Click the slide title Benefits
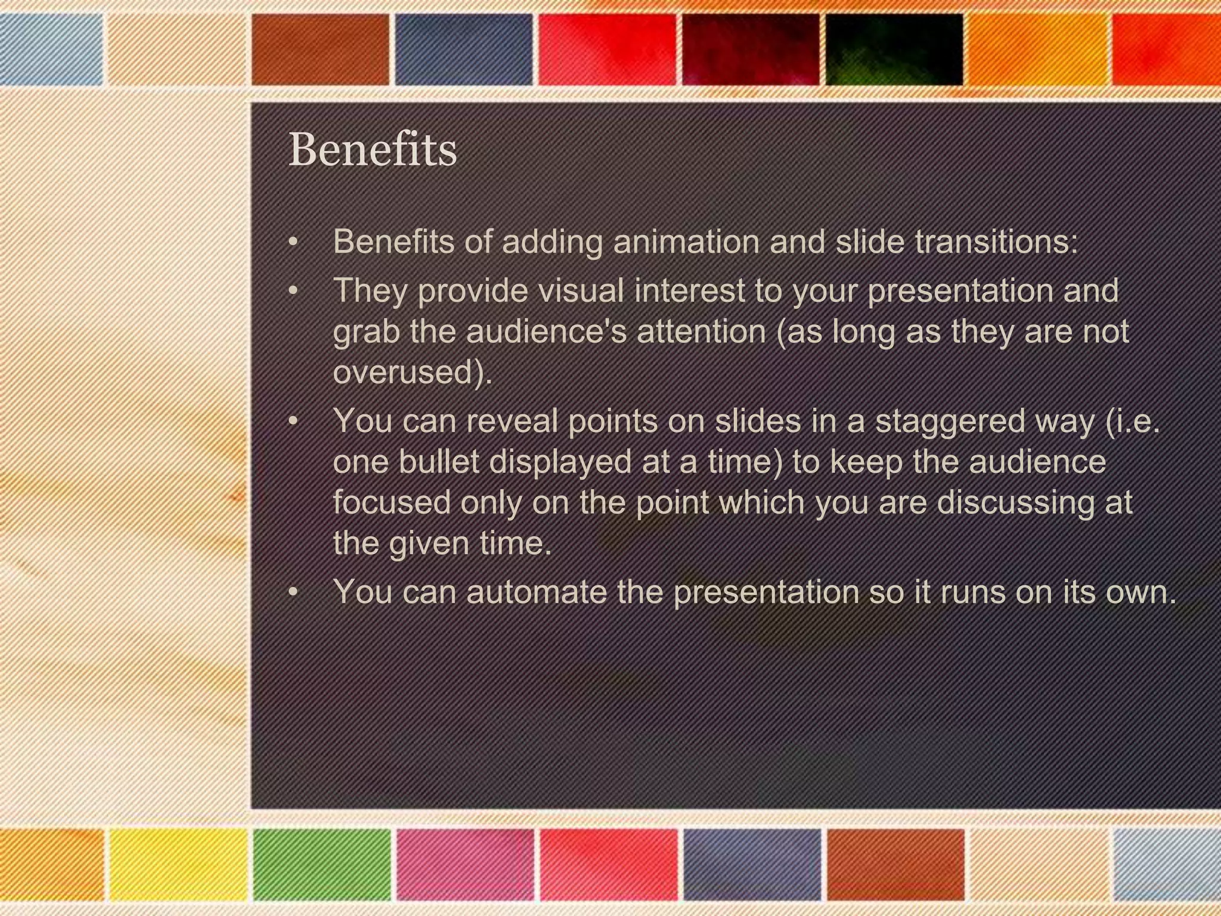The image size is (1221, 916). (x=373, y=150)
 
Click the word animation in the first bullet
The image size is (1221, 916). (x=686, y=242)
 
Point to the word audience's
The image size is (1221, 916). (x=547, y=332)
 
